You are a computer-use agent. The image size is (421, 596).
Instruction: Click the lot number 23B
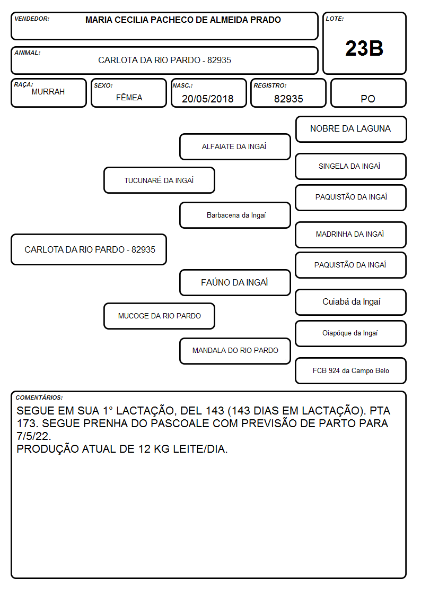pos(364,48)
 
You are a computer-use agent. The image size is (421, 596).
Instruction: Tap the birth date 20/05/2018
pos(208,99)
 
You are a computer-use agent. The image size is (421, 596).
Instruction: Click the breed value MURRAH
pos(48,92)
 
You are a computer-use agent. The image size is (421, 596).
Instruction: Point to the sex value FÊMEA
pos(129,97)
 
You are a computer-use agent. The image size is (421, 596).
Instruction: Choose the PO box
pos(368,93)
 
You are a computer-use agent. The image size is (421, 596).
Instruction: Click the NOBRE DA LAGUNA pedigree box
pos(351,129)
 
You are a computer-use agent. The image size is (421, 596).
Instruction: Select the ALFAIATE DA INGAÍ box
pos(235,146)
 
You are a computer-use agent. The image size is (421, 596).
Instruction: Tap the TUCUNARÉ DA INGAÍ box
pos(159,180)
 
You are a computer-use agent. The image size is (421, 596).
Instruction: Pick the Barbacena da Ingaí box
pos(235,215)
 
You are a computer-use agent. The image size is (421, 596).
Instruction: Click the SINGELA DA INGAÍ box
pos(351,166)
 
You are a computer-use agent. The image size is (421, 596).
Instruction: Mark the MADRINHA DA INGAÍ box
pos(351,235)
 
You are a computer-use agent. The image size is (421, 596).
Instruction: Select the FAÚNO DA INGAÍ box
pos(235,282)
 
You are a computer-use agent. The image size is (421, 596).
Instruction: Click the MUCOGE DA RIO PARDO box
pos(159,316)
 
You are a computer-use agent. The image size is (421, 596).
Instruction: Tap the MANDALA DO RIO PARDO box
pos(235,351)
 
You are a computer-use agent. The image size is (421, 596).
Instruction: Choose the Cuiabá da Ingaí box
pos(351,302)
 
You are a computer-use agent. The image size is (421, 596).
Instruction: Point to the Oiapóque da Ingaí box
pos(351,333)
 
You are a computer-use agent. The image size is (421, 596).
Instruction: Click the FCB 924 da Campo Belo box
pos(351,370)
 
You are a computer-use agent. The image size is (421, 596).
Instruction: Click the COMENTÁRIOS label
pos(39,398)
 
